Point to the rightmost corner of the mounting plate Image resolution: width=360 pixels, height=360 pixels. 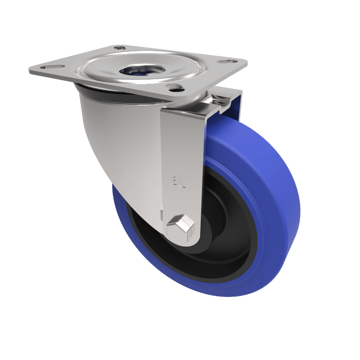point(247,62)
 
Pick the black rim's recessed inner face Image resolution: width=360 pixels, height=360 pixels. point(234,216)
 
